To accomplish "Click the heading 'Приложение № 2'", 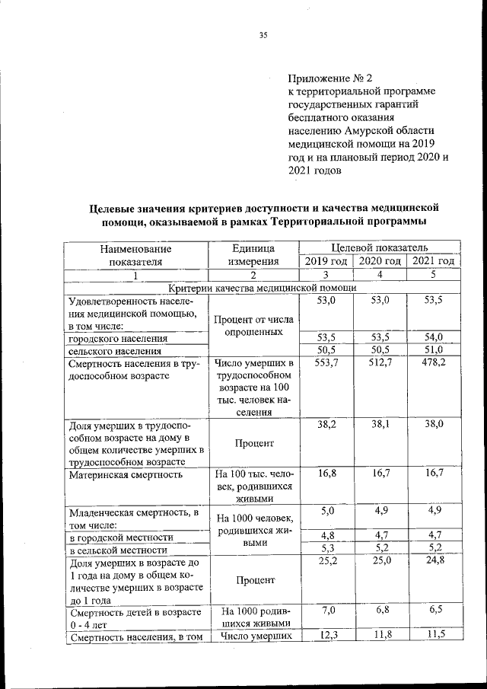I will pyautogui.click(x=330, y=78).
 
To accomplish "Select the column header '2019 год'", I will pyautogui.click(x=326, y=261).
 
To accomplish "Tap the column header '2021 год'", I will pyautogui.click(x=433, y=261).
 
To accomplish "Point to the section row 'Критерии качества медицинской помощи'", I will pyautogui.click(x=263, y=288).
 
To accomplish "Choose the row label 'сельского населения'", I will pyautogui.click(x=114, y=351).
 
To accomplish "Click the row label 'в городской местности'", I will pyautogui.click(x=119, y=537).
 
